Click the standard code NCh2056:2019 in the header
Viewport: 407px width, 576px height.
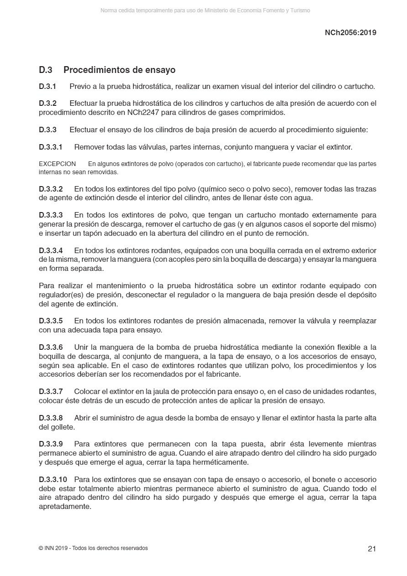pyautogui.click(x=350, y=32)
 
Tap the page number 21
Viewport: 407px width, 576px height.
pyautogui.click(x=372, y=549)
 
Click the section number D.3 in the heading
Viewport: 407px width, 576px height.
pyautogui.click(x=46, y=70)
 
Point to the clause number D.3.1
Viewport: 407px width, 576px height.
pyautogui.click(x=47, y=86)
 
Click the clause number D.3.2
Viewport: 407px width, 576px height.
pyautogui.click(x=47, y=104)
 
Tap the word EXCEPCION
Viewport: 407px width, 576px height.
pyautogui.click(x=57, y=164)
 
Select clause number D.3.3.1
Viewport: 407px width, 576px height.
pyautogui.click(x=50, y=147)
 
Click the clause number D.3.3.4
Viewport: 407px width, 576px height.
pyautogui.click(x=51, y=250)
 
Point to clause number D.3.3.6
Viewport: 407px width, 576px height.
pyautogui.click(x=51, y=348)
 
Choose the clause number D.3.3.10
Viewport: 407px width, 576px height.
pyautogui.click(x=53, y=479)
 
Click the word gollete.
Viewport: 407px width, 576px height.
pyautogui.click(x=63, y=427)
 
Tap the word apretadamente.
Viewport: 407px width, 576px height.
pyautogui.click(x=65, y=506)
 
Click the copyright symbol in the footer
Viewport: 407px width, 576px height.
pyautogui.click(x=41, y=548)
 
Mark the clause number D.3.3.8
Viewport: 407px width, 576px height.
pyautogui.click(x=51, y=418)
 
